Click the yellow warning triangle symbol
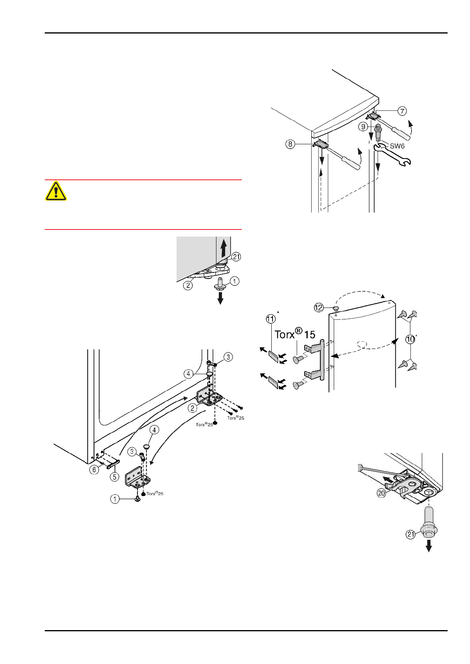click(56, 191)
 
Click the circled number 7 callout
click(402, 111)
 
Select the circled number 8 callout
click(290, 144)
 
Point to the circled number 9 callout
click(363, 127)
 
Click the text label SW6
click(397, 146)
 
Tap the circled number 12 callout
click(319, 308)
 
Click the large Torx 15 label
click(295, 334)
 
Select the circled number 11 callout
click(271, 319)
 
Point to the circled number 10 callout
click(411, 339)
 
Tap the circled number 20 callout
click(382, 493)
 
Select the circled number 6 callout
click(94, 470)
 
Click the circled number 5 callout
click(114, 477)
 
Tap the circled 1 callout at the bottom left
click(115, 499)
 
